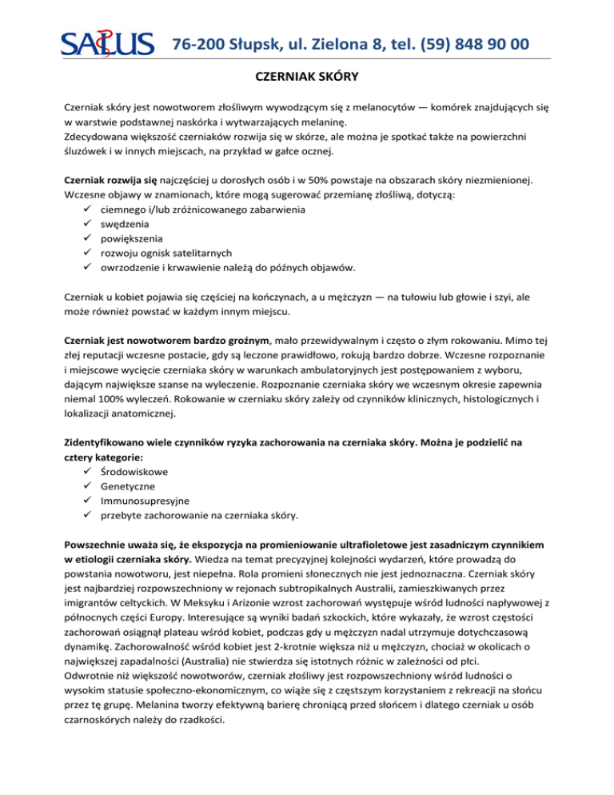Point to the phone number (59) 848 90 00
464,43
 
